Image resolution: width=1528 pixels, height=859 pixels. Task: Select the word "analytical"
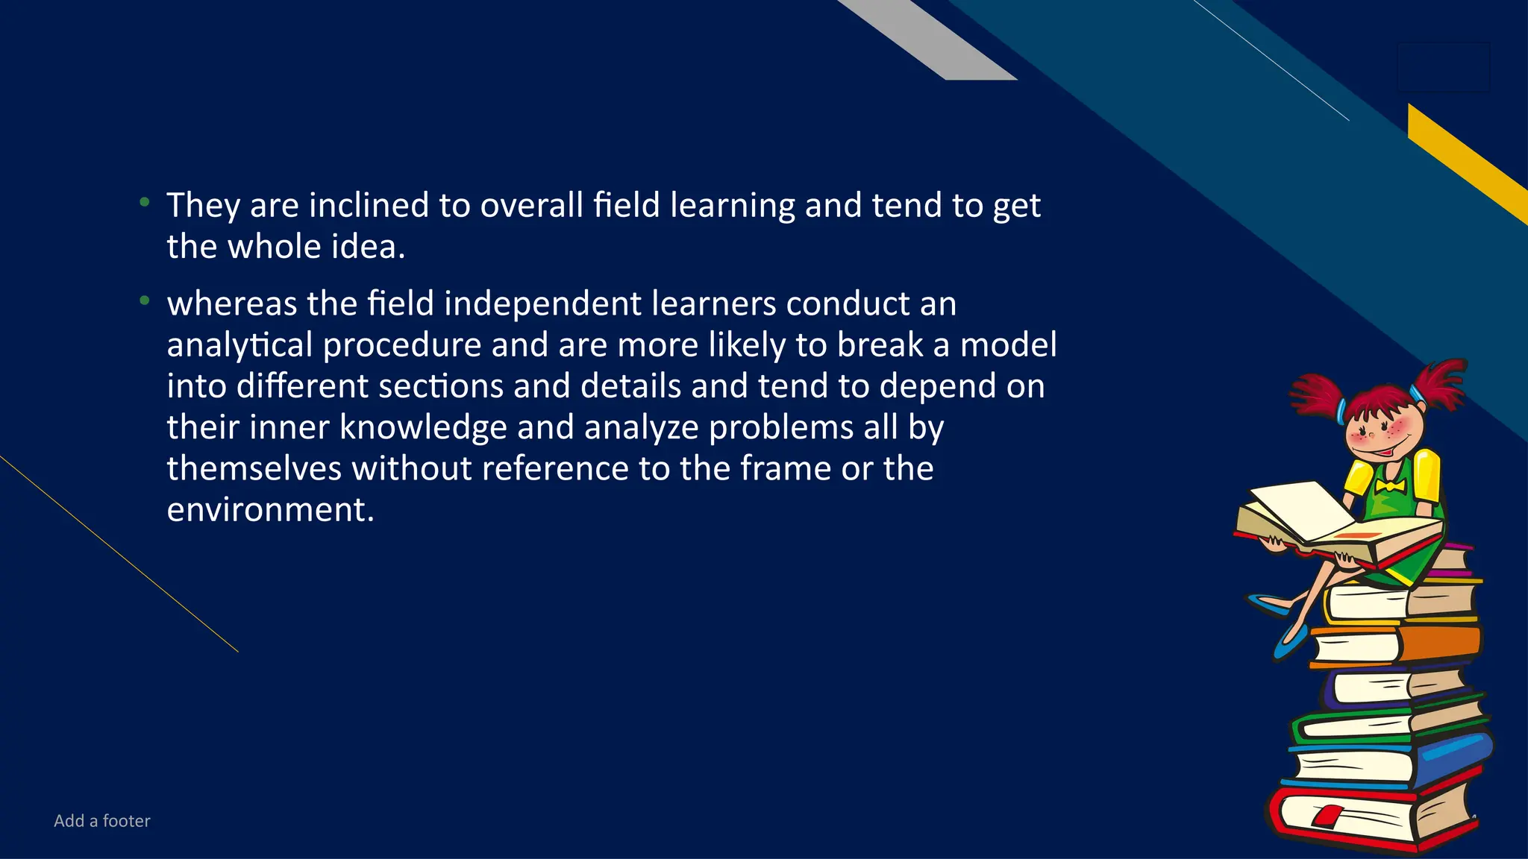pyautogui.click(x=239, y=345)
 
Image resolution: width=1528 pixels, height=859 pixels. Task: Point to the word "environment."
pyautogui.click(x=270, y=510)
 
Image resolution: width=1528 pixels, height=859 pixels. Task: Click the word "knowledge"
pyautogui.click(x=423, y=427)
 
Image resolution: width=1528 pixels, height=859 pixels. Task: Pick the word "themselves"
pyautogui.click(x=254, y=468)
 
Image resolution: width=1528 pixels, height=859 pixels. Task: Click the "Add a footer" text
pyautogui.click(x=102, y=821)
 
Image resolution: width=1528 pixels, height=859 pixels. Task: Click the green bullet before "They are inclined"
pyautogui.click(x=145, y=201)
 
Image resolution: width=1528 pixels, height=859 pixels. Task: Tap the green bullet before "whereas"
pyautogui.click(x=145, y=301)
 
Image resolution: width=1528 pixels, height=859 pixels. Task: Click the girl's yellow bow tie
pyautogui.click(x=1390, y=487)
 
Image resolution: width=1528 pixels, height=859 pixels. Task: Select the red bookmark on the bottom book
pyautogui.click(x=1325, y=815)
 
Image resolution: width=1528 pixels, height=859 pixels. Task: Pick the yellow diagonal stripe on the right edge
pyautogui.click(x=1466, y=160)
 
